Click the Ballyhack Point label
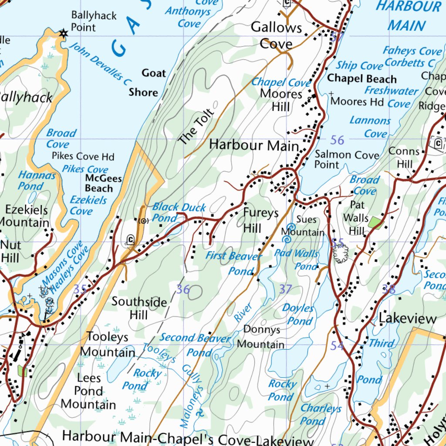(x=94, y=21)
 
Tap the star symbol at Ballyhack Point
(x=64, y=33)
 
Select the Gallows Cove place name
(x=277, y=36)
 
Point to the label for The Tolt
(x=196, y=127)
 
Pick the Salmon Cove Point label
(x=347, y=159)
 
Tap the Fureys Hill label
(x=260, y=220)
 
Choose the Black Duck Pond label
(x=178, y=213)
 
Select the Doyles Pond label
(x=298, y=314)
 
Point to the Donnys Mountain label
(x=261, y=337)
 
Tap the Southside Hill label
(x=139, y=308)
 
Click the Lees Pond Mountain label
(x=88, y=391)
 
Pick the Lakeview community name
(x=407, y=318)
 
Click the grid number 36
(x=183, y=289)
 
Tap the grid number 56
(x=337, y=140)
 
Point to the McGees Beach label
(x=103, y=183)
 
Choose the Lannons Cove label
(x=370, y=127)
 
